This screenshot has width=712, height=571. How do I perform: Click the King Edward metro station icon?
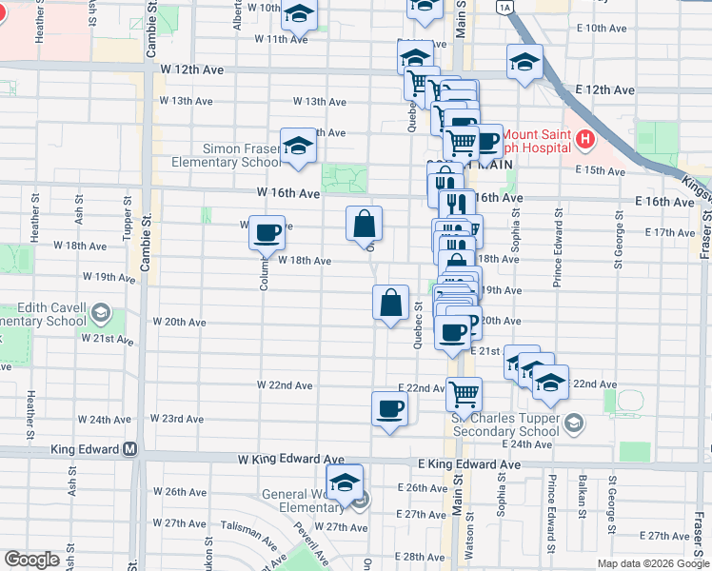pos(130,449)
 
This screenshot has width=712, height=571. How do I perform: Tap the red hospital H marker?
pos(584,142)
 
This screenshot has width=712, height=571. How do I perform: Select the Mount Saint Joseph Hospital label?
pos(539,141)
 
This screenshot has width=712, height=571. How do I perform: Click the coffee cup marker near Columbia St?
pos(267,230)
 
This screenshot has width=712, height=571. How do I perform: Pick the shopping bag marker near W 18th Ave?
pos(364,225)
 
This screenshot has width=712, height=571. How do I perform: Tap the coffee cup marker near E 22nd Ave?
pos(388,409)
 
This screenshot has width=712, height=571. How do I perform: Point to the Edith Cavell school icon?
pos(99,312)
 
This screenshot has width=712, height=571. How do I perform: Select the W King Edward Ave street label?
pos(277,460)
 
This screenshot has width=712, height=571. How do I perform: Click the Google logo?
pos(32,560)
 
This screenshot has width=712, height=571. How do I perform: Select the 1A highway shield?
pos(504,7)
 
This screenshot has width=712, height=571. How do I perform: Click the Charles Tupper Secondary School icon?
pos(573,422)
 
